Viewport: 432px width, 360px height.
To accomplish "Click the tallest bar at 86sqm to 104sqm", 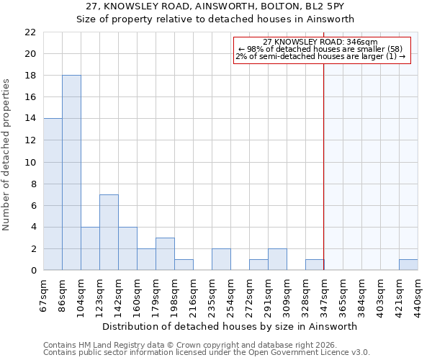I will tap(71, 173).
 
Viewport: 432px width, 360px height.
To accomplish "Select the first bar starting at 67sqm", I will tap(53, 194).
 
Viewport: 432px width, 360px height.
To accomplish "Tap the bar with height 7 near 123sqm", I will tap(109, 233).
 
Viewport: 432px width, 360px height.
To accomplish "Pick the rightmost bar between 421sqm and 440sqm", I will tap(408, 265).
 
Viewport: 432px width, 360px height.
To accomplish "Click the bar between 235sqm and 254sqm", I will tap(221, 260).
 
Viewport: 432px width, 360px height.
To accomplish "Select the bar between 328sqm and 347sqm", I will tap(315, 265).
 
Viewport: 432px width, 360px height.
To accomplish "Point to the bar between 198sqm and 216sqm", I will tap(184, 265).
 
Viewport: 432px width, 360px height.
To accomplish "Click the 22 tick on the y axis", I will tap(30, 32).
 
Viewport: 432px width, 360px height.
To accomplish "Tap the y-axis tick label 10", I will tap(30, 163).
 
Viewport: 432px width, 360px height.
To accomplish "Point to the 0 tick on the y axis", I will tap(33, 271).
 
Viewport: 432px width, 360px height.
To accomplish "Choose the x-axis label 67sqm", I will tap(43, 292).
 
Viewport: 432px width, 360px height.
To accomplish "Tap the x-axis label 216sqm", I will tap(193, 292).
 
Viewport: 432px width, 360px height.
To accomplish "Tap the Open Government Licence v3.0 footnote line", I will tap(207, 353).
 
